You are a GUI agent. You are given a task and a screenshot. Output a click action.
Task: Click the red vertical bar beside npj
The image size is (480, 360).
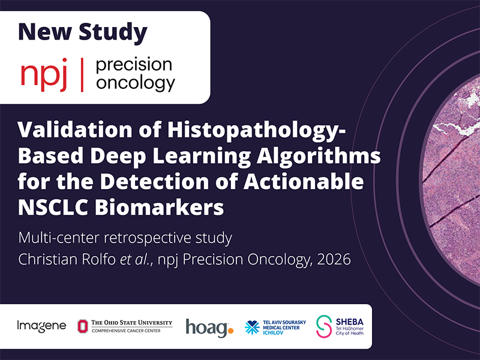pos(82,75)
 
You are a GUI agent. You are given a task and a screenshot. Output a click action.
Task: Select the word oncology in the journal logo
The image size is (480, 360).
pos(136,83)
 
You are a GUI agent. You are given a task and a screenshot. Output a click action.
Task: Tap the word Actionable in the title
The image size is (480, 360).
pos(304,182)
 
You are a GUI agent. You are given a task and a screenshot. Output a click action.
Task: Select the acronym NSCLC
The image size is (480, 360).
pos(53,208)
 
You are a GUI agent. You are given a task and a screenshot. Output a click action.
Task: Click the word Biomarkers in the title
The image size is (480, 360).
pos(159,208)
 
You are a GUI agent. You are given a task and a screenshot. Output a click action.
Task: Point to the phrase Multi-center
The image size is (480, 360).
pos(59,238)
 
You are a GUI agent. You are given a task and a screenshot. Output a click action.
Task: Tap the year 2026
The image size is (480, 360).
pos(334,259)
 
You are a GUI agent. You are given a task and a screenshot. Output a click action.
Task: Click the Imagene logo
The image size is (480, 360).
pos(41,326)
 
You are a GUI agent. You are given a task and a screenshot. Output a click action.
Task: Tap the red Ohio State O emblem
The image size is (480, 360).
pos(82,326)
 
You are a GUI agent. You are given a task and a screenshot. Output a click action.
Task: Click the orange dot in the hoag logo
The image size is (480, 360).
pos(230,331)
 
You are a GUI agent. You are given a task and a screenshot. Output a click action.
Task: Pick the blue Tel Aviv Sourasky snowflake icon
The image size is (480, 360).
pos(252,328)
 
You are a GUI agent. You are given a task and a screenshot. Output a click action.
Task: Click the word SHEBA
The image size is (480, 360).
pos(350,322)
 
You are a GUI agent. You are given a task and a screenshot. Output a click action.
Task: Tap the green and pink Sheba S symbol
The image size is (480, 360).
pos(324,326)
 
